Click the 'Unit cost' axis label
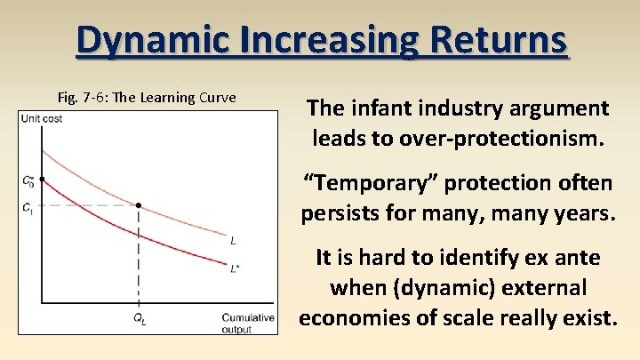42,119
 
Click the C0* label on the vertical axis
28,180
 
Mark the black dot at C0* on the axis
42,180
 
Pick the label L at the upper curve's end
233,241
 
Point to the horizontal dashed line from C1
89,205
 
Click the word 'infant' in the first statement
372,108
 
